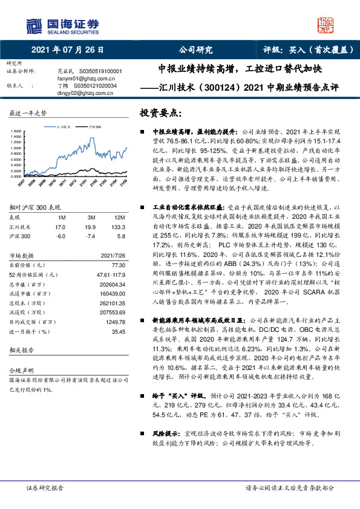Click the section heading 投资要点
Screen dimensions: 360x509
(x=160, y=113)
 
